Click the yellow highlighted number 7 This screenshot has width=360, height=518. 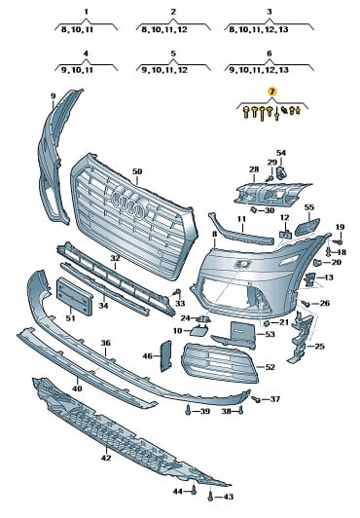271,92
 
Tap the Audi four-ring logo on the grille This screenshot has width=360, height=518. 129,203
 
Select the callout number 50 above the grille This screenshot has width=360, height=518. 137,171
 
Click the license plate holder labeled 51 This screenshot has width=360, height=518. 74,296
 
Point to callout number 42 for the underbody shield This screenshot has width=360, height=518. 106,458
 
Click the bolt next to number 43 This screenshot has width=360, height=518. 210,497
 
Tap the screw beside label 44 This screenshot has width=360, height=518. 194,490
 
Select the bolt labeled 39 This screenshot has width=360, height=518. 188,411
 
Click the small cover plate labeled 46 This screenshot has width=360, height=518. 166,355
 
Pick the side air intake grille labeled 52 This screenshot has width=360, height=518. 220,363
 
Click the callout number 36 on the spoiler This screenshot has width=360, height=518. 106,343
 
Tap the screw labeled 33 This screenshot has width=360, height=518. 177,292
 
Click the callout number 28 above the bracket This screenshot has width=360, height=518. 254,169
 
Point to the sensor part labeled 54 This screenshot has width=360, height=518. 281,172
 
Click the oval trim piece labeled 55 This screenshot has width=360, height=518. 307,227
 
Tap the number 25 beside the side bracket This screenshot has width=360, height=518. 319,347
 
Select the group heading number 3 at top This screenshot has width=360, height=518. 270,12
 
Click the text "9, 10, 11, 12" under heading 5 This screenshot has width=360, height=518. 164,70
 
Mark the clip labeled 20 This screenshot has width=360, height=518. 317,263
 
